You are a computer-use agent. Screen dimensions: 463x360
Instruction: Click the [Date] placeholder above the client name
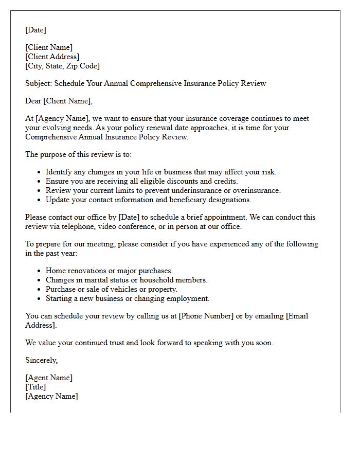35,30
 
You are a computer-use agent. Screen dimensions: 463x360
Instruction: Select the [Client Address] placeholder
52,57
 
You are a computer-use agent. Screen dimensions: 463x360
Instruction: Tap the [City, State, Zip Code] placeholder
62,66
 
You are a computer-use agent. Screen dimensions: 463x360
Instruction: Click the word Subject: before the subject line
39,83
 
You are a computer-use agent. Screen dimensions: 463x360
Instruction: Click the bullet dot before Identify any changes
40,172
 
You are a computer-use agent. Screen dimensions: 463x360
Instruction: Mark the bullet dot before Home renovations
40,271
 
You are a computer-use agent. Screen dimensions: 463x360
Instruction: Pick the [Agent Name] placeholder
49,378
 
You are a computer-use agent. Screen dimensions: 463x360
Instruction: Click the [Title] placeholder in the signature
35,387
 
